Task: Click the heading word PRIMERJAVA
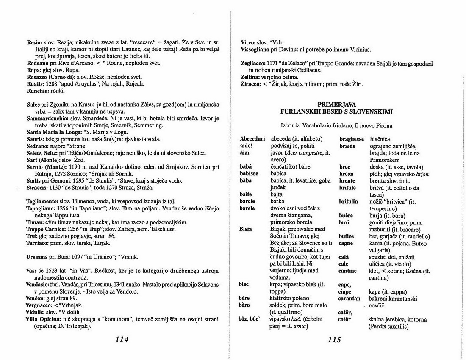tap(336, 104)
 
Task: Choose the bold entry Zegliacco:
tap(253, 64)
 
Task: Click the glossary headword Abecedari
tap(252, 139)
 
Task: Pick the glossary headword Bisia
tap(246, 229)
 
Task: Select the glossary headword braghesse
tap(352, 139)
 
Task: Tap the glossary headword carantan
tap(349, 299)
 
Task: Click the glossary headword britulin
tap(349, 202)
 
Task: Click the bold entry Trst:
tap(33, 236)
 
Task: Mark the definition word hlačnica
tap(380, 139)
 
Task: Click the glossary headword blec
tap(244, 285)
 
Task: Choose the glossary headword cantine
tap(348, 271)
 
